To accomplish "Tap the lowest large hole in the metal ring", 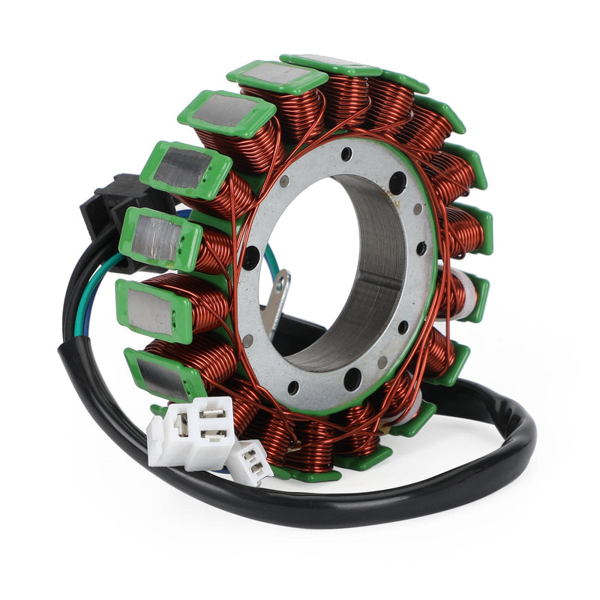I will coord(351,381).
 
